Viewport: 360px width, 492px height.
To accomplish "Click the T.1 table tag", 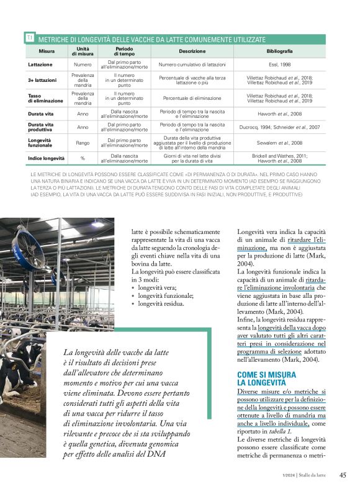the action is (29, 38).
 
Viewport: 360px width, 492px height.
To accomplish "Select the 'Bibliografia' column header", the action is (279, 51).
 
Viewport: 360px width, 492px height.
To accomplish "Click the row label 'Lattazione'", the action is (40, 64).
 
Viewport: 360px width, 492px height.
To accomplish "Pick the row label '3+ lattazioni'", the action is (42, 80).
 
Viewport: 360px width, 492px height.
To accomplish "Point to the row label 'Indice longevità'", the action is (47, 158).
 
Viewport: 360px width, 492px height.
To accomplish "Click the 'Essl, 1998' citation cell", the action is (279, 64).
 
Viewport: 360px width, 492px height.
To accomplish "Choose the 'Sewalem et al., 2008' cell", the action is (279, 143).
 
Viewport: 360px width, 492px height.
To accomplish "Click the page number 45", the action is (342, 475).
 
